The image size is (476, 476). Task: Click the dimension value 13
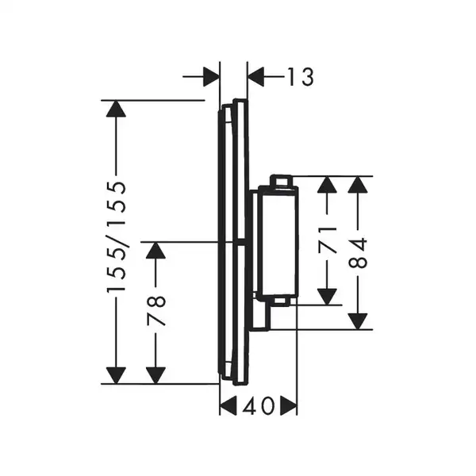[300, 77]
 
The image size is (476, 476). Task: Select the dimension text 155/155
[116, 237]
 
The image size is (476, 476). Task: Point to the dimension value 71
[327, 240]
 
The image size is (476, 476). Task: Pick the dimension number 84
[358, 253]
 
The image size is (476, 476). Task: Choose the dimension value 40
[259, 405]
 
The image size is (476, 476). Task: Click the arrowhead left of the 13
[256, 77]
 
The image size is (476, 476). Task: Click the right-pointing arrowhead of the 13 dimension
[211, 77]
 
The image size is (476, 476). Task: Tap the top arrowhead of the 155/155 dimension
[116, 109]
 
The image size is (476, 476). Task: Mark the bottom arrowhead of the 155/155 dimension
[116, 375]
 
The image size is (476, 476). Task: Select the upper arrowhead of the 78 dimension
[156, 251]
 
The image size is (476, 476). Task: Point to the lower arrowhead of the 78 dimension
[156, 375]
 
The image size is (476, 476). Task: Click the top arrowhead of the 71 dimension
[327, 185]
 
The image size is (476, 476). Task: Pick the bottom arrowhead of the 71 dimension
[327, 297]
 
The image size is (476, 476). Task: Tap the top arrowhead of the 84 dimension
[358, 185]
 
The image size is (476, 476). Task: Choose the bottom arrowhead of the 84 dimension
[358, 321]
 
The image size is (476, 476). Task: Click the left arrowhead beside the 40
[228, 405]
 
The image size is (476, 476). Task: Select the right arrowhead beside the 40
[289, 405]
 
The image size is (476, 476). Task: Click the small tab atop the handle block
[281, 181]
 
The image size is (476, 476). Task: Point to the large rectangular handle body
[278, 241]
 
